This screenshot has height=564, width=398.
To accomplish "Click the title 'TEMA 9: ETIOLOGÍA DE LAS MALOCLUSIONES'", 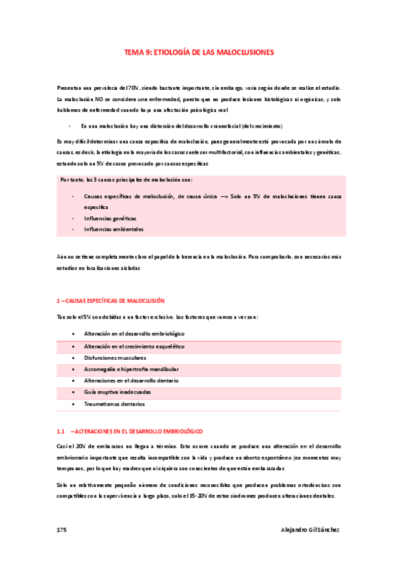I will tap(199, 51).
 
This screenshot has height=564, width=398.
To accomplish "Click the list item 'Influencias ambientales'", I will tap(113, 229).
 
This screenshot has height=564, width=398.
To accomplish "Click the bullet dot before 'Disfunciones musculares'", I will tap(73, 356).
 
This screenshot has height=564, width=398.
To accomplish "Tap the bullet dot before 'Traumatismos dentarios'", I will tap(73, 404).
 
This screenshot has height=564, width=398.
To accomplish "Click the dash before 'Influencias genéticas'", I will tap(72, 217).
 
